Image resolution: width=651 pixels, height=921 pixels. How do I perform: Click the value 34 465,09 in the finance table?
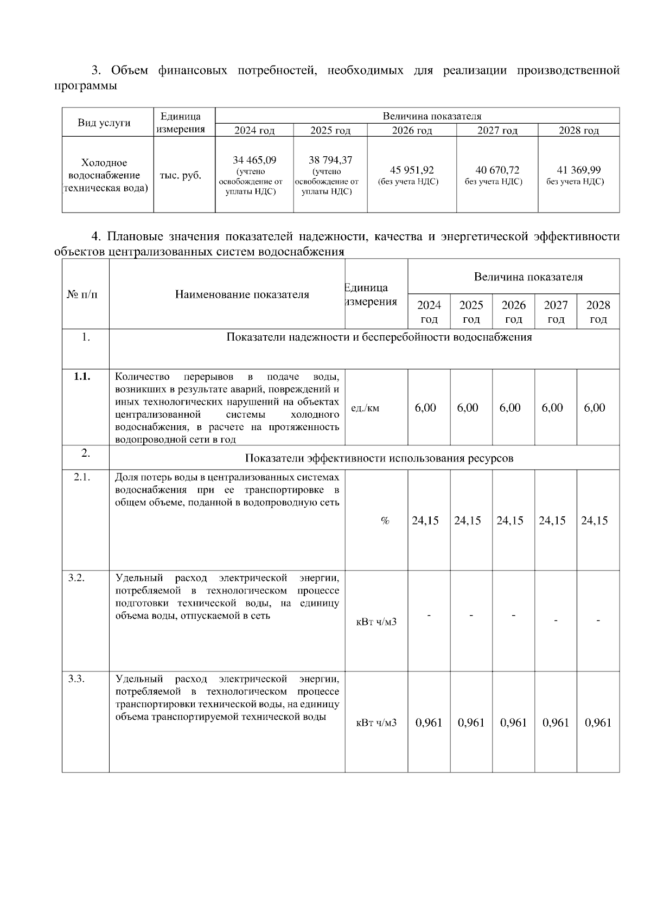coord(254,160)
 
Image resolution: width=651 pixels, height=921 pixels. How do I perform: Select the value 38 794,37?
coord(330,160)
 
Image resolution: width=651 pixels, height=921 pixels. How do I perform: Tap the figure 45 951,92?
coord(412,170)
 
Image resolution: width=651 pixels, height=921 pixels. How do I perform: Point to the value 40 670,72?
coord(497,170)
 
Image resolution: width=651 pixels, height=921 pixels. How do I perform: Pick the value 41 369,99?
coord(579,170)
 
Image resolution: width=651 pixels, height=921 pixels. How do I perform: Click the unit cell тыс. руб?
coord(180,176)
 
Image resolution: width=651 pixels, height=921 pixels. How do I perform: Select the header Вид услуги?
coord(104,123)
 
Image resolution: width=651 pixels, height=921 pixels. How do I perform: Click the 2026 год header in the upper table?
coord(412,131)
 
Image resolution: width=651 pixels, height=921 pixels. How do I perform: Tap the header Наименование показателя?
coord(242,295)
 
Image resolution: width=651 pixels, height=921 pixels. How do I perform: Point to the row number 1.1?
coord(82,377)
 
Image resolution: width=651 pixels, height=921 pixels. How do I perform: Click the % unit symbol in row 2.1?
coord(385,521)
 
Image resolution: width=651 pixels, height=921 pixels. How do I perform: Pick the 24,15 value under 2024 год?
coord(425,521)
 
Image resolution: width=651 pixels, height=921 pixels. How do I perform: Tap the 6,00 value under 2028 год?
coord(594,408)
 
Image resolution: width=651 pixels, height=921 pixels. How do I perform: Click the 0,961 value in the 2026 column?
coord(513,722)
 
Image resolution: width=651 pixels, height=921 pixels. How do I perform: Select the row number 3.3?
coord(76,679)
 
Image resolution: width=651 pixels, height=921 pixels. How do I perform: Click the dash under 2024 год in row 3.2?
coord(429,616)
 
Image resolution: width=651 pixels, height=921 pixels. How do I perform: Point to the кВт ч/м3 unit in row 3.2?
coord(376,622)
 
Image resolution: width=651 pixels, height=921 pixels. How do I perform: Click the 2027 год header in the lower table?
coord(556,312)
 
